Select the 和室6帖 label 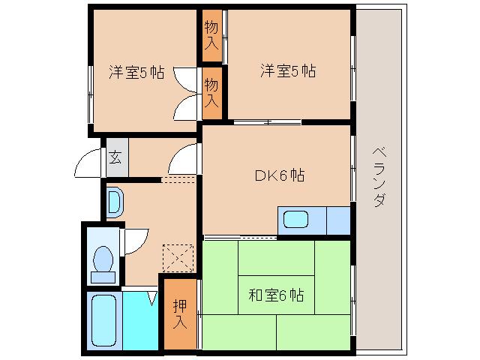(x=276, y=294)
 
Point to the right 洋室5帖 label (x=288, y=71)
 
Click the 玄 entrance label (x=115, y=157)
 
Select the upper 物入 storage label (x=212, y=35)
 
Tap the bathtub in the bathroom (x=102, y=320)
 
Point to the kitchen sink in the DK (x=295, y=221)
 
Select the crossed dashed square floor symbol (x=179, y=258)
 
